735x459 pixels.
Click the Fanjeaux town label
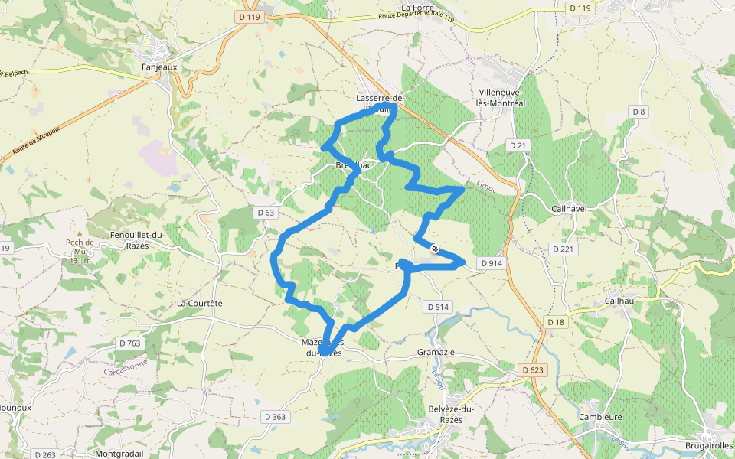[x=159, y=67]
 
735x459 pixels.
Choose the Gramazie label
[x=436, y=352]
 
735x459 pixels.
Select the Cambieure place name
[x=600, y=417]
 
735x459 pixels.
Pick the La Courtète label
[x=199, y=303]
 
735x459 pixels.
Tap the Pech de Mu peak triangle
[x=79, y=233]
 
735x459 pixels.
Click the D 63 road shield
[x=266, y=212]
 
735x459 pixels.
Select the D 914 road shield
[x=492, y=263]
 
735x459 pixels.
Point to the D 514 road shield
[x=437, y=307]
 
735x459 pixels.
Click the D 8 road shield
[x=639, y=112]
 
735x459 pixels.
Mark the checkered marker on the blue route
[x=435, y=248]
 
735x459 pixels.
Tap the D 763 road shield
[x=130, y=343]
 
